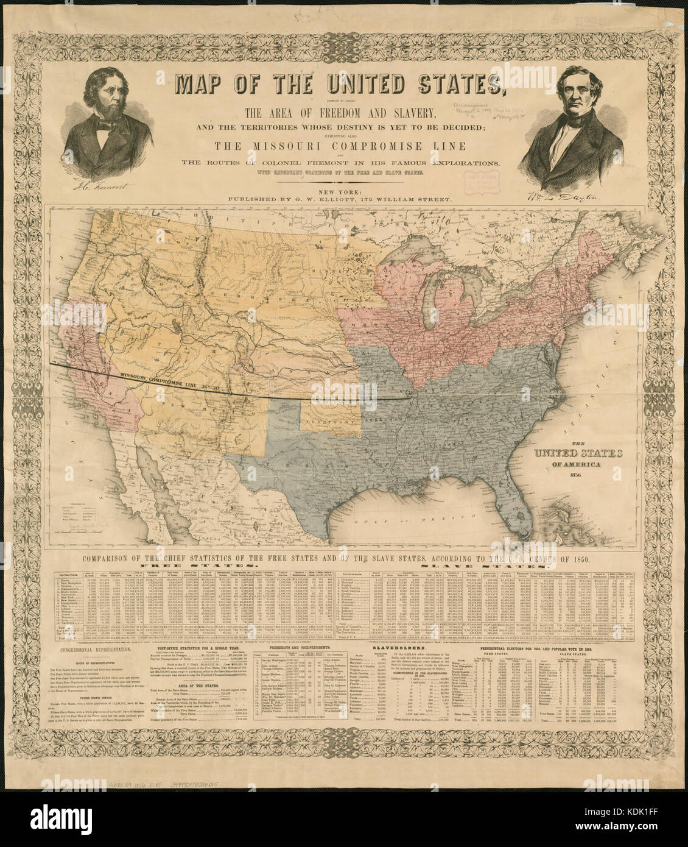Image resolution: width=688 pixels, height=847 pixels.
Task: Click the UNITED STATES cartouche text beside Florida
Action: (x=578, y=453)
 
